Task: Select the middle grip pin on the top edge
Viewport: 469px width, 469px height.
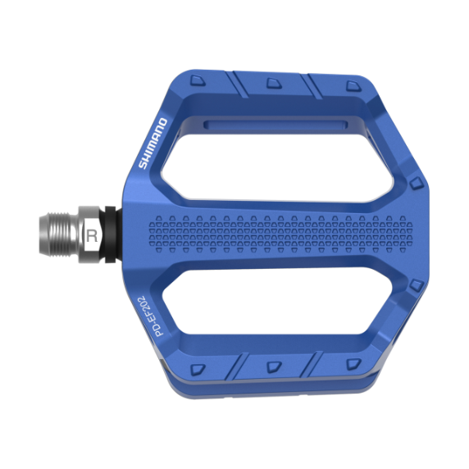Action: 271,82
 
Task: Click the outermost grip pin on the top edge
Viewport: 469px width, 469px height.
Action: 352,86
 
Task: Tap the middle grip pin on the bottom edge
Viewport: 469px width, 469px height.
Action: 272,366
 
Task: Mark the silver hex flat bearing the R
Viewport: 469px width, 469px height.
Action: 91,235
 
